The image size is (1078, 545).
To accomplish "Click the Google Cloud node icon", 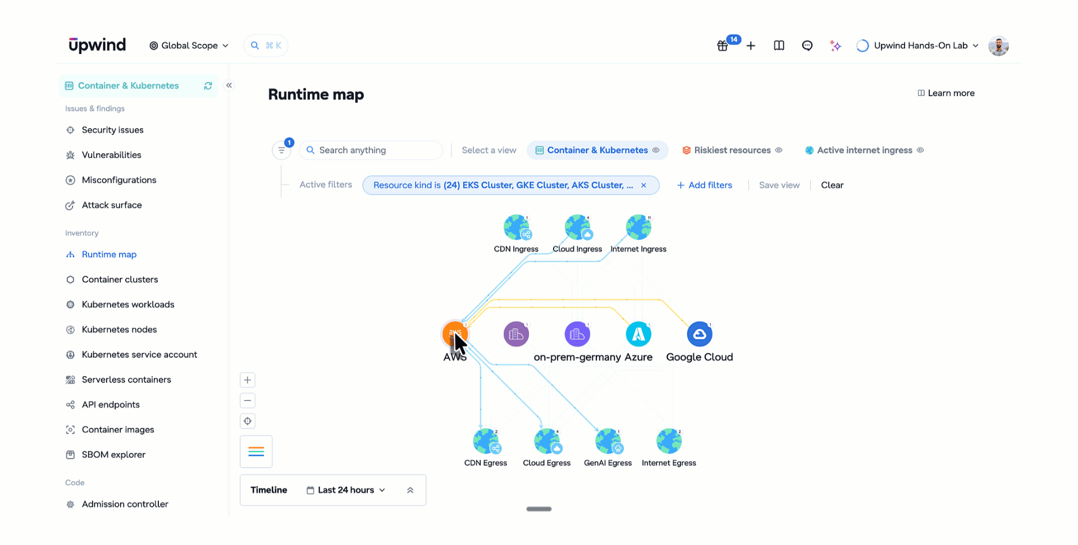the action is tap(700, 335).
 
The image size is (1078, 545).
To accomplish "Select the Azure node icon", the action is tap(638, 335).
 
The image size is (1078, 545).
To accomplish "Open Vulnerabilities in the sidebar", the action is tap(111, 155).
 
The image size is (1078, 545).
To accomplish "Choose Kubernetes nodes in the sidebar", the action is tap(119, 329).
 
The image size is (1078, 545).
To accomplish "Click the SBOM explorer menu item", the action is tap(113, 455).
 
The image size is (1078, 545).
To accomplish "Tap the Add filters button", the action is tap(705, 185).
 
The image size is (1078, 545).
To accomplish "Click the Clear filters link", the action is tap(832, 185).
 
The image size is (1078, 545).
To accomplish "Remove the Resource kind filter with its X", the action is tap(643, 185).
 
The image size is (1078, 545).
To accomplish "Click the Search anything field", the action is tap(371, 150).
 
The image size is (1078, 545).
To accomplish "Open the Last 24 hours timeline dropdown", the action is tap(346, 490).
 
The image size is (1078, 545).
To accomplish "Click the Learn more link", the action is tap(946, 93).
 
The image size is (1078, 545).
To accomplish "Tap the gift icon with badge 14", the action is tap(723, 45).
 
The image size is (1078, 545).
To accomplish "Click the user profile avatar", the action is tap(998, 45).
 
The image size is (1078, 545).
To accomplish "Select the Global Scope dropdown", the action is tap(189, 45).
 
